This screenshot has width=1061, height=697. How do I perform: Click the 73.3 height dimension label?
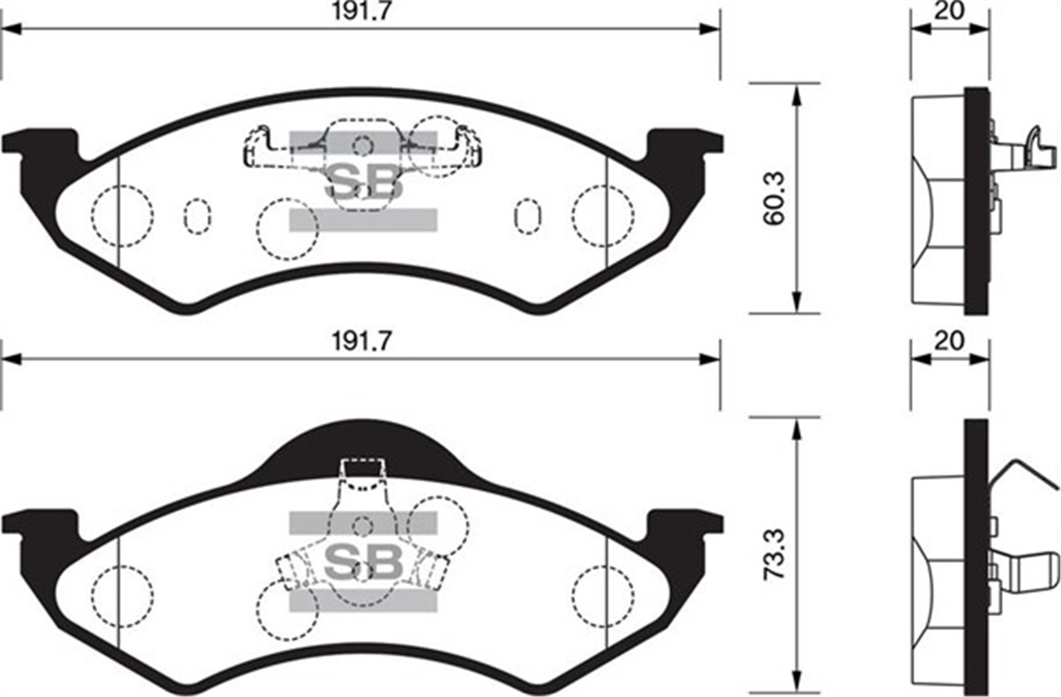point(775,555)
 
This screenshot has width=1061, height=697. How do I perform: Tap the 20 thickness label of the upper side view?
point(950,11)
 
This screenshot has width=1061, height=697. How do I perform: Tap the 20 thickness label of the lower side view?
point(950,341)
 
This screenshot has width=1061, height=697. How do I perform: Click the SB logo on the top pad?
point(363,181)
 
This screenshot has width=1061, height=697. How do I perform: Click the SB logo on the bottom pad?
point(363,561)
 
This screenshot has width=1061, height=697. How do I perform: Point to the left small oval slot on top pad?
point(197,215)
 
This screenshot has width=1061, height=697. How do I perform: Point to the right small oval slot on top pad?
point(528,215)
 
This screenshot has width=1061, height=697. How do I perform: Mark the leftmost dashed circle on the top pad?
point(122,216)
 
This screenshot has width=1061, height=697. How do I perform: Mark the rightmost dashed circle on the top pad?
point(603,216)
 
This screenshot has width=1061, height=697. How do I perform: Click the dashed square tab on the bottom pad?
point(363,474)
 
